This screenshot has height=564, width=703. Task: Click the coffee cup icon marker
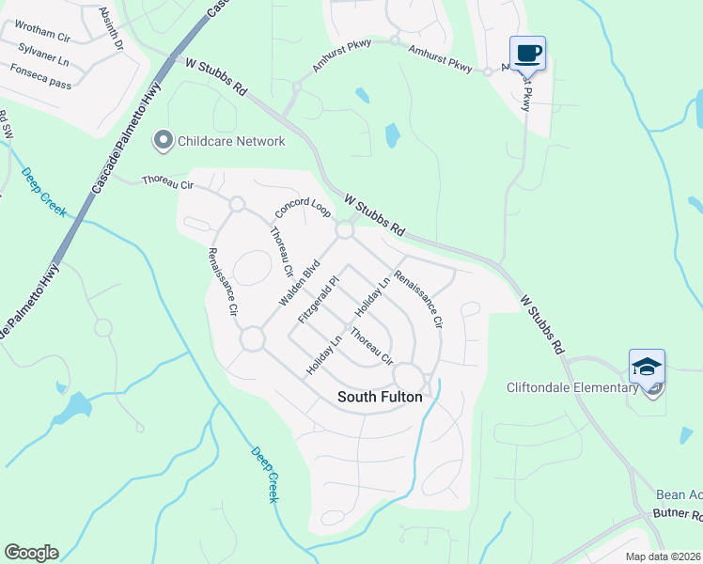pos(527,53)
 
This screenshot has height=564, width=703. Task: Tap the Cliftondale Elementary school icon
pos(647,368)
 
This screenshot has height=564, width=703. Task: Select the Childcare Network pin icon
pos(164,141)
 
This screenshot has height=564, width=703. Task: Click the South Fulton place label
pos(380,398)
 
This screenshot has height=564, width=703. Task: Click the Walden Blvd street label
pos(300,281)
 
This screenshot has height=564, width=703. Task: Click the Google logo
pos(31,553)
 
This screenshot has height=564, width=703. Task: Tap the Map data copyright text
pos(663,556)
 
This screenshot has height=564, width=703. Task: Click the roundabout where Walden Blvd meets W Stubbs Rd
pos(345,229)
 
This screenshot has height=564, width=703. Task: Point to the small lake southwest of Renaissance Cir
pos(73,408)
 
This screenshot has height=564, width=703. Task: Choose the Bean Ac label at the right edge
pos(679,495)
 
